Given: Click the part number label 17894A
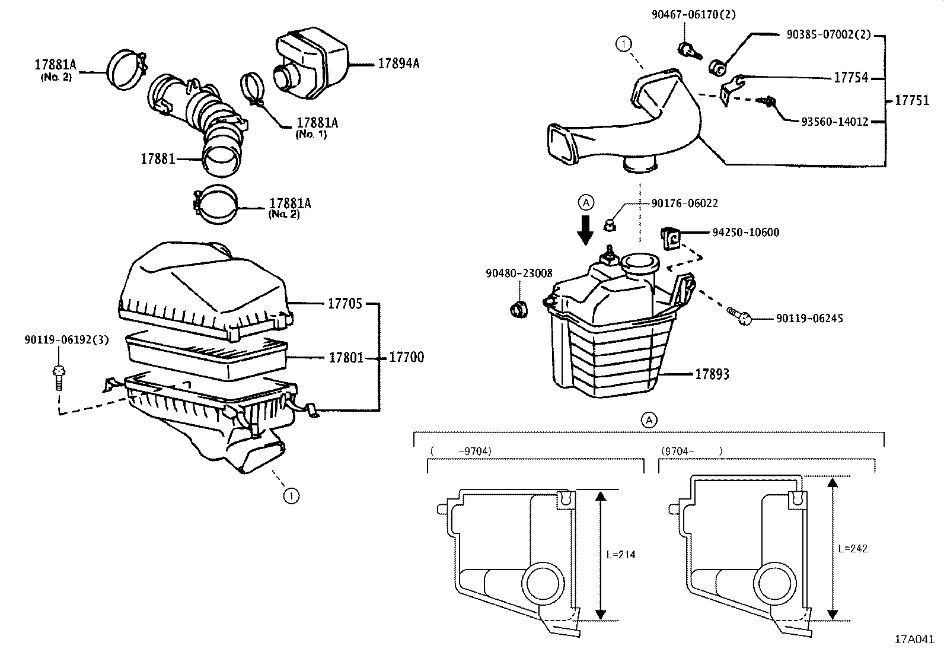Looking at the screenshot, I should [x=398, y=63].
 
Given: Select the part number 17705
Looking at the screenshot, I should [x=345, y=304].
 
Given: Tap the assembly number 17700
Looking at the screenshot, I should [x=406, y=357].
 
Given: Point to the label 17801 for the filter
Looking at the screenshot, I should [x=346, y=358].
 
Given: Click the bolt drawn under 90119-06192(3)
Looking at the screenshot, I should [x=58, y=377].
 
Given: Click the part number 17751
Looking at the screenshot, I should [x=912, y=100].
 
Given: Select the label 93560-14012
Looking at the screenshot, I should [x=834, y=122].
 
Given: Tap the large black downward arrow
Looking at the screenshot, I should [x=586, y=230].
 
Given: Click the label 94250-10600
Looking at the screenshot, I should [x=745, y=233].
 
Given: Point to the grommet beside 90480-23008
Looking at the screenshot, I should [x=519, y=309].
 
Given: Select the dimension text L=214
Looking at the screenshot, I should [x=621, y=555].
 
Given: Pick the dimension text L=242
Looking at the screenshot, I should [x=853, y=549].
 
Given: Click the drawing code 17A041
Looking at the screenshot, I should [x=914, y=640].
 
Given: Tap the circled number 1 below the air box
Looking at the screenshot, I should [x=290, y=495].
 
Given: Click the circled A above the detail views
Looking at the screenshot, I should [x=649, y=420].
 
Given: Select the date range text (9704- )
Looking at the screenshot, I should [x=691, y=451].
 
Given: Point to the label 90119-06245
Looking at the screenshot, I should [x=809, y=319].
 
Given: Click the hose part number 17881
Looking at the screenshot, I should [x=158, y=159].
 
